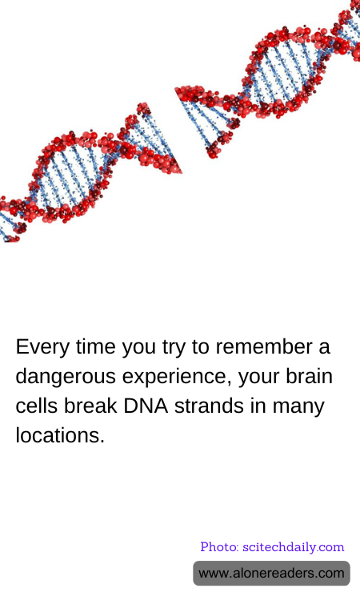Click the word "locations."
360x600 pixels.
[x=60, y=436]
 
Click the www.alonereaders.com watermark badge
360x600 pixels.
[x=271, y=574]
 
